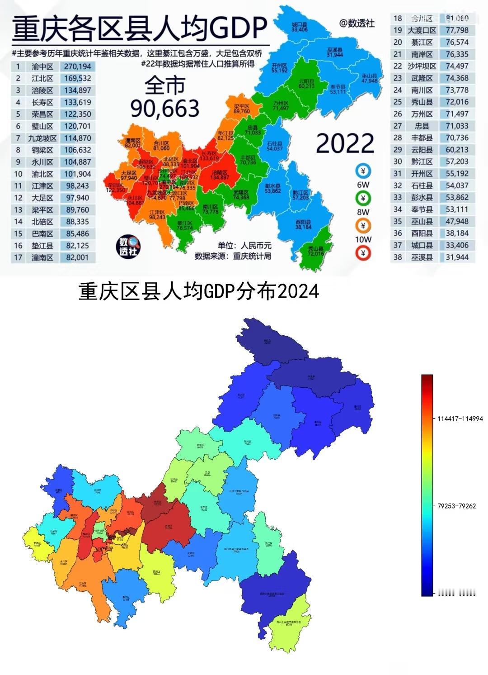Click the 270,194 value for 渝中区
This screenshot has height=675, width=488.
77,67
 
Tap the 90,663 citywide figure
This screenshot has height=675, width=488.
165,108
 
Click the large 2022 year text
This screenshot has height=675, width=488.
345,143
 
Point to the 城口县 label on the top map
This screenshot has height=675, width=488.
300,25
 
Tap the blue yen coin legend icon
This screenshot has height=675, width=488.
363,171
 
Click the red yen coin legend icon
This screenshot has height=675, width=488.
363,253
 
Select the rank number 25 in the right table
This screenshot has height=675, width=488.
398,102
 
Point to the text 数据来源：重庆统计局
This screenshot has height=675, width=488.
233,256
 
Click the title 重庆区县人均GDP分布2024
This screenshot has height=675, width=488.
199,291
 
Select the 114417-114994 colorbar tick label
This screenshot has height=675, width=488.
460,418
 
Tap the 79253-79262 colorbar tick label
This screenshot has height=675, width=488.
457,506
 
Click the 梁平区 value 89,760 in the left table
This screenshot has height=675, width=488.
77,210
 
